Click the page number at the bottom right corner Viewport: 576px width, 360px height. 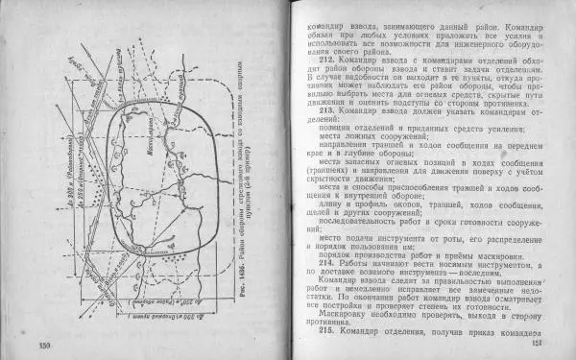coord(538,344)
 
